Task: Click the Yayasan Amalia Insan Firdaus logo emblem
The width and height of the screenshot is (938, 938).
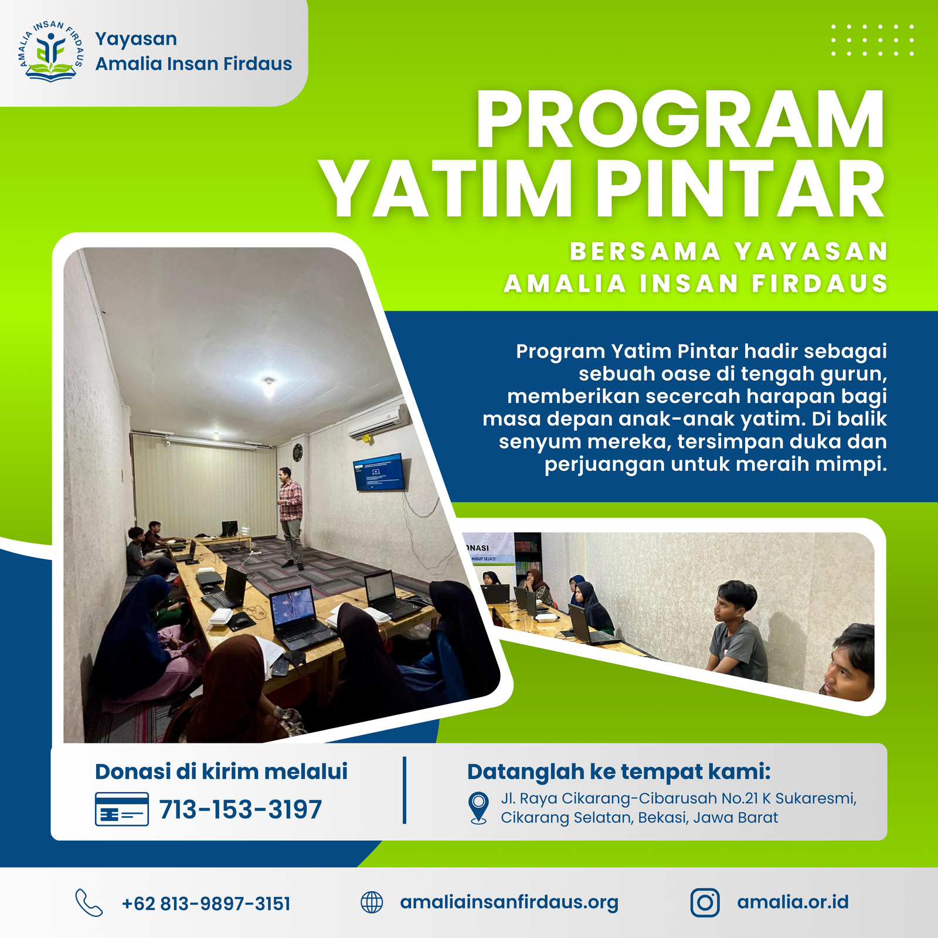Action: [50, 52]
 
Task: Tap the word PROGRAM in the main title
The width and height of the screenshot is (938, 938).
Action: [680, 120]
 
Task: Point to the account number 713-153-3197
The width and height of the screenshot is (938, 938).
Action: [240, 810]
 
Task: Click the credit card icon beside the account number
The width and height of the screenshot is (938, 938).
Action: [122, 809]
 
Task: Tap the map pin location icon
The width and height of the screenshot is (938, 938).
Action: [479, 808]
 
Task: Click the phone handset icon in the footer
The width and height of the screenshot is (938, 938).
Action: [89, 903]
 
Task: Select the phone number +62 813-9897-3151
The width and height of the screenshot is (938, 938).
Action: [206, 903]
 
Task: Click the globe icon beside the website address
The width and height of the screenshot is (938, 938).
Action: [372, 903]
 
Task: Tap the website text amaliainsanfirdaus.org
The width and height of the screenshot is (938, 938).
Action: [509, 903]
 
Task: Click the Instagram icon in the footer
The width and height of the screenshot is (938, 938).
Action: [705, 903]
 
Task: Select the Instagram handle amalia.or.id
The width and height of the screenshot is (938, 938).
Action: [793, 902]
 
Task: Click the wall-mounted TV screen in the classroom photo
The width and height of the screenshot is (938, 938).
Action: [379, 472]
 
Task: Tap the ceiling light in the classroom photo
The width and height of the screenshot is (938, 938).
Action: [269, 386]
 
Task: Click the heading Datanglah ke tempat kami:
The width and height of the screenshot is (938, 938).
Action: [619, 772]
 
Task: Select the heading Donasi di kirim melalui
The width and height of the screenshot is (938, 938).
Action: [221, 772]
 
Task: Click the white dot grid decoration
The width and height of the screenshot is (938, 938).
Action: [872, 40]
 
